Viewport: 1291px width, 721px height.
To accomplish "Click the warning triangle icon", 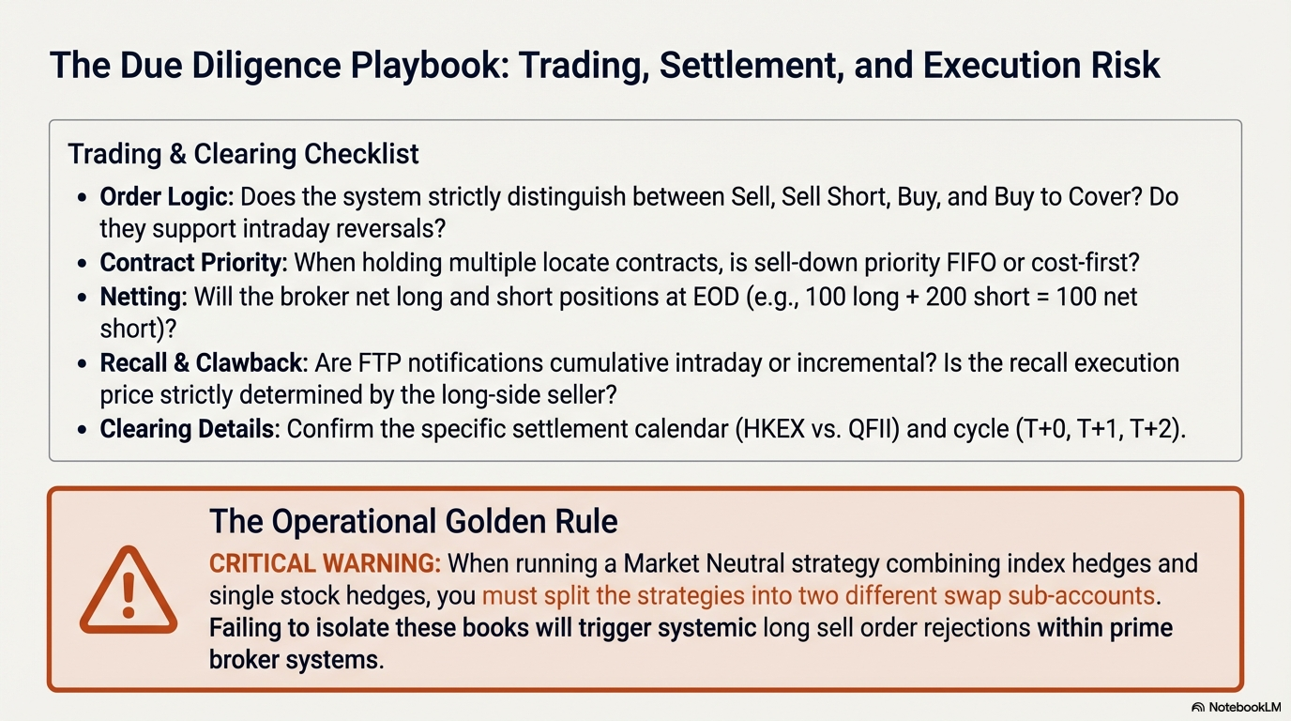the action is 129,591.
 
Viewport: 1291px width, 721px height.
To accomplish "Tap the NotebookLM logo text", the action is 1244,707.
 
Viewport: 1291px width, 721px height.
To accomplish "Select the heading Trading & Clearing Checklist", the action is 243,154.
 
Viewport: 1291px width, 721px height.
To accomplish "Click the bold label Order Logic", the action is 167,197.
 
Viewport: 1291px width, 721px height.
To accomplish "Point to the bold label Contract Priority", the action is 193,263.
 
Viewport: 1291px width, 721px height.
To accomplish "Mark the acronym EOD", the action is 716,297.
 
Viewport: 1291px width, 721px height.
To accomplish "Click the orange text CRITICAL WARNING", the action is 325,563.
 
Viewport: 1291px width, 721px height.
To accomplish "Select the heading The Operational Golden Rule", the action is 413,521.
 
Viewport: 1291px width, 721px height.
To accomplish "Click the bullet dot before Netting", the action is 82,298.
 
